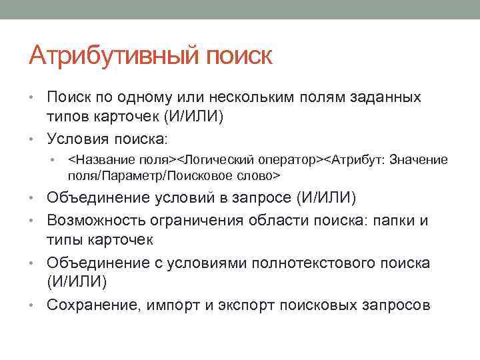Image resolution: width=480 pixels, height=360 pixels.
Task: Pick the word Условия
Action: (75, 139)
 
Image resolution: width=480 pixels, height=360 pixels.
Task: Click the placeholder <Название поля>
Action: (123, 160)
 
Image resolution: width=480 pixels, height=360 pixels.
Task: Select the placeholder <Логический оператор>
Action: (252, 160)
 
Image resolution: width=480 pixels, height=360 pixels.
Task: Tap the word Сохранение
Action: (85, 305)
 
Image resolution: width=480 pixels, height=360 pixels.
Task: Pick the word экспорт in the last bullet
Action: (241, 305)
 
